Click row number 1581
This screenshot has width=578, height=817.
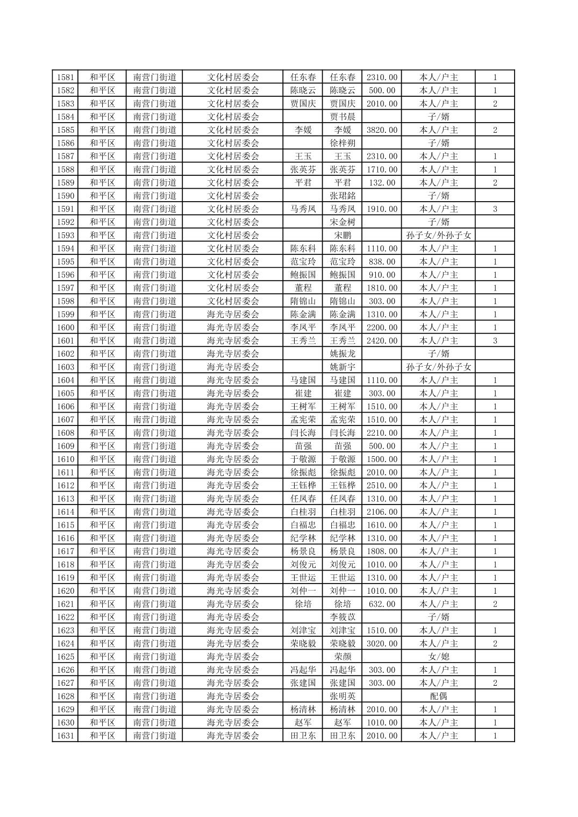pyautogui.click(x=65, y=77)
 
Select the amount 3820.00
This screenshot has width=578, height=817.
pyautogui.click(x=382, y=130)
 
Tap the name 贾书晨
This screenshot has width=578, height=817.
pyautogui.click(x=342, y=117)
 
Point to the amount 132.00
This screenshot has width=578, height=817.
pyautogui.click(x=382, y=182)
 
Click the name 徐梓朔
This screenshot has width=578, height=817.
pyautogui.click(x=342, y=143)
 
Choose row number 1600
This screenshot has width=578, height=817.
pyautogui.click(x=65, y=328)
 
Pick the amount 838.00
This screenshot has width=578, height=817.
pyautogui.click(x=382, y=261)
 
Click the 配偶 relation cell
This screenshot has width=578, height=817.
pyautogui.click(x=438, y=696)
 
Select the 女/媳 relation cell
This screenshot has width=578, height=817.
pyautogui.click(x=438, y=657)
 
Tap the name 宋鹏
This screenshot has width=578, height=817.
pyautogui.click(x=342, y=235)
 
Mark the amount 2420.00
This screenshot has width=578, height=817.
pyautogui.click(x=382, y=340)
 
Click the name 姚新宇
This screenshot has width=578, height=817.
pyautogui.click(x=342, y=367)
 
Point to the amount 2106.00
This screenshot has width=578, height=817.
pyautogui.click(x=382, y=512)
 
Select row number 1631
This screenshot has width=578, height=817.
pyautogui.click(x=65, y=736)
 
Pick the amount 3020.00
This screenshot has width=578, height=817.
pyautogui.click(x=382, y=643)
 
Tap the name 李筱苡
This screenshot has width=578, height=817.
pyautogui.click(x=342, y=617)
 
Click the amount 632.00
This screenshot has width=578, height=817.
pyautogui.click(x=382, y=604)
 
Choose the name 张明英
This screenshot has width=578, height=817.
pyautogui.click(x=342, y=696)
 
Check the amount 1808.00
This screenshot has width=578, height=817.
pyautogui.click(x=382, y=551)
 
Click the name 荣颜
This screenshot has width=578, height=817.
pyautogui.click(x=342, y=657)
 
